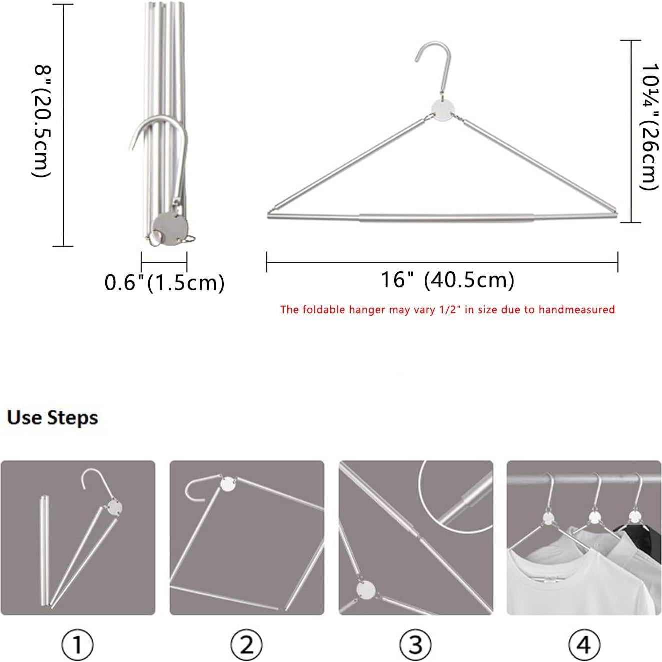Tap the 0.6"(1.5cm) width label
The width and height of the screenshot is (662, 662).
(164, 283)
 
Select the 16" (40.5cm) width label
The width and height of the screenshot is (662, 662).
(447, 280)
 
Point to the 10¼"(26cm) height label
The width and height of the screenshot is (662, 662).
(650, 126)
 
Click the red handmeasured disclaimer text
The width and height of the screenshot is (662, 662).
(447, 310)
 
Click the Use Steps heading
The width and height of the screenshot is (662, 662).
(52, 418)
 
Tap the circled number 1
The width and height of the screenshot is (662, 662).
(77, 645)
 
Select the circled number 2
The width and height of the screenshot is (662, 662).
(246, 645)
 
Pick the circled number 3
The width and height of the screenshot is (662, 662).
(415, 645)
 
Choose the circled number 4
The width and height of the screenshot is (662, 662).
(584, 645)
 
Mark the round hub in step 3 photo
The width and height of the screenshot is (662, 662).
(366, 589)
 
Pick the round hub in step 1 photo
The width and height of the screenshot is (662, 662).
(114, 507)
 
